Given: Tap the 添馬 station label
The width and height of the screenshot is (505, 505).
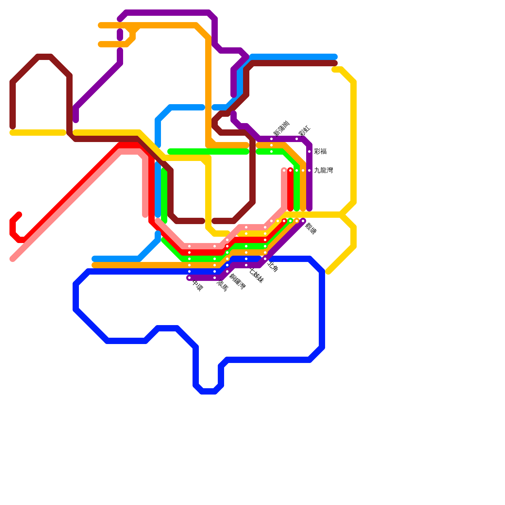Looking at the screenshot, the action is (x=222, y=286).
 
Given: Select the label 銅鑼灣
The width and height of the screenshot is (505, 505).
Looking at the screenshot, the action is (x=237, y=282).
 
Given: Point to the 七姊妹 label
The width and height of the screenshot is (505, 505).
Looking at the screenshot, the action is (x=256, y=275).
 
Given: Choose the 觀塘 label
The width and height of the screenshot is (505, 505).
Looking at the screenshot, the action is (x=311, y=229).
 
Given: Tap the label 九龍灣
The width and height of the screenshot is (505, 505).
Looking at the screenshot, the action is (x=324, y=170).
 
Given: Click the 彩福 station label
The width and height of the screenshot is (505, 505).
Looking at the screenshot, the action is (x=320, y=151).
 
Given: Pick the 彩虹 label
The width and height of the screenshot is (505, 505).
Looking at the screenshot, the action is (x=304, y=131).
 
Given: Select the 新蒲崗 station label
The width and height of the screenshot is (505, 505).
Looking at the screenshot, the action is (x=281, y=128).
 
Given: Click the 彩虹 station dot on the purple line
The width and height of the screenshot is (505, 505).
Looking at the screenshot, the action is (x=297, y=139).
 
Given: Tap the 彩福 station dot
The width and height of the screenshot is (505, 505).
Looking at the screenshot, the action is (x=309, y=151).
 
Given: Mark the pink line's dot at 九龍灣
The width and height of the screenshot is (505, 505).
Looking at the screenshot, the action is (x=284, y=170).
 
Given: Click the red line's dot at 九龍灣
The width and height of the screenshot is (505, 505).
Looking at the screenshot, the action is (x=290, y=170).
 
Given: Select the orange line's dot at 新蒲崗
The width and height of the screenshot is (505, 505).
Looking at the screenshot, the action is (x=271, y=145).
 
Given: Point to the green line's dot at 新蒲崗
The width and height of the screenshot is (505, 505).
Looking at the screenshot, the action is (x=271, y=151).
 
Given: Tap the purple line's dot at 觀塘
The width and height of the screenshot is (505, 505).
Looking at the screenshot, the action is (x=303, y=221).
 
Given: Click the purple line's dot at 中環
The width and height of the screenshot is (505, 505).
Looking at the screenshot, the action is (x=189, y=278).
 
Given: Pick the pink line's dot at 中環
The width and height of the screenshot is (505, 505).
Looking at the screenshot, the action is (x=189, y=246).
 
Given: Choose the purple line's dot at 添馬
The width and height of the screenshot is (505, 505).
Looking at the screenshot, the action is (x=215, y=278).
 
